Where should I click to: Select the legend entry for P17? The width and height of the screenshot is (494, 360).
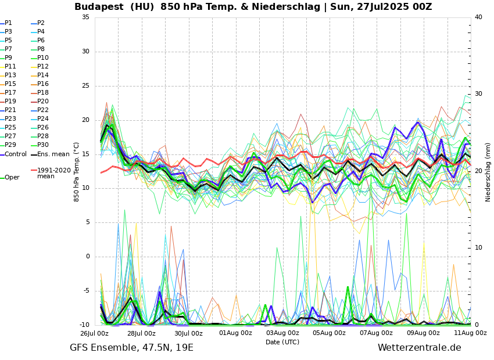10,93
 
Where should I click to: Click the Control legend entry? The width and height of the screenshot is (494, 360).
15,154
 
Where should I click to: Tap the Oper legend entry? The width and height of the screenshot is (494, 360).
12,178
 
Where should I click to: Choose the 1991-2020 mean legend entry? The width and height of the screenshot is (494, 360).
53,174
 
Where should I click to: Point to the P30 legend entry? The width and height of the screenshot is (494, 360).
42,145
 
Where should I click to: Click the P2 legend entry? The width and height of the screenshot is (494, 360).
41,23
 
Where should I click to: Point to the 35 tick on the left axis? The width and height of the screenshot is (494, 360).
85,17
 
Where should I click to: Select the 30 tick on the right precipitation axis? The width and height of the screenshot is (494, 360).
478,94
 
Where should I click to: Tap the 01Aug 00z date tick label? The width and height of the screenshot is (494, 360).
235,333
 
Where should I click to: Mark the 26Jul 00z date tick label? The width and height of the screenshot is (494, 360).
94,333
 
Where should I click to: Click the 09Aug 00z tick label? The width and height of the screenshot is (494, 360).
423,333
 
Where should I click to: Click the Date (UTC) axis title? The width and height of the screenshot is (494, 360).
282,343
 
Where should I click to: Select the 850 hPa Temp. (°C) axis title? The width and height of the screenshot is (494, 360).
77,171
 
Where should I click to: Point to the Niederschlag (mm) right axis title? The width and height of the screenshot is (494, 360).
488,172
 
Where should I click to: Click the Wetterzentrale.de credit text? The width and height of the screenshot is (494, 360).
419,348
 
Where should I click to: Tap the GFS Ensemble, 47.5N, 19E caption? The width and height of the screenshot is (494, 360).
131,348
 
